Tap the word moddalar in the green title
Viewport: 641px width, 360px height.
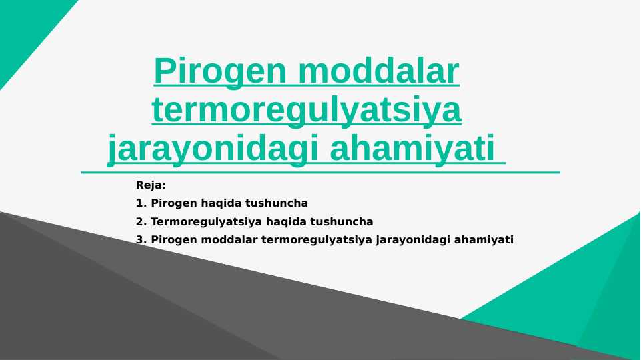click(x=380, y=72)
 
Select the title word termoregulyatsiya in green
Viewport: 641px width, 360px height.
click(x=307, y=110)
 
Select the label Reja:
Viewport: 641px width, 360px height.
click(x=151, y=185)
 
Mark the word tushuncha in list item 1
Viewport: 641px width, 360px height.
click(x=277, y=203)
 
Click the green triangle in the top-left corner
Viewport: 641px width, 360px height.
click(x=27, y=30)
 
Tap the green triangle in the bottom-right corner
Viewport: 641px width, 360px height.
click(x=587, y=293)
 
